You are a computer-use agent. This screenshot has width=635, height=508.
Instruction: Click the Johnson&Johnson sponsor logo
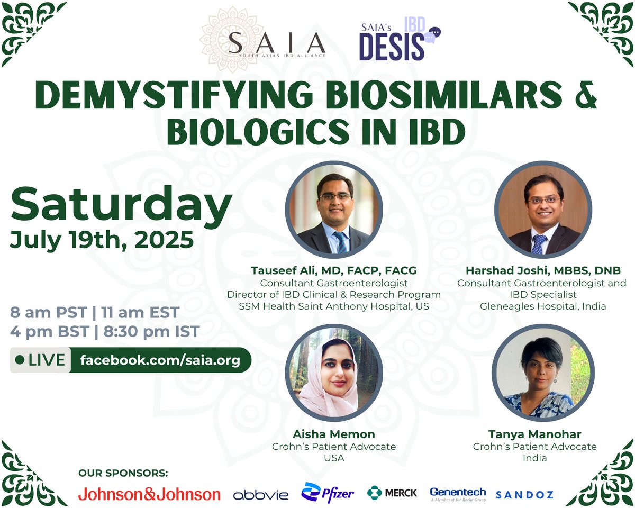149,494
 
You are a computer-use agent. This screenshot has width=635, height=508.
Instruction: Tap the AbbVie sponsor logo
261,495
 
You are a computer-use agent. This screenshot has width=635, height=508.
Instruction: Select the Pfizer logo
328,493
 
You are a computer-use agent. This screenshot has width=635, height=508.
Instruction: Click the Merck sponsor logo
392,493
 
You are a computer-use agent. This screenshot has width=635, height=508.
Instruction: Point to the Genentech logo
458,494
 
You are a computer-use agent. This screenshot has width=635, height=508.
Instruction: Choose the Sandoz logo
524,495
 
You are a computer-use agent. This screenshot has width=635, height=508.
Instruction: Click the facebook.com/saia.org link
160,360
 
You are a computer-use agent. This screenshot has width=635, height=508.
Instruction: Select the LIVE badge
40,360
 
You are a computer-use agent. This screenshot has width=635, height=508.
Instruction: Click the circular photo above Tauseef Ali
334,210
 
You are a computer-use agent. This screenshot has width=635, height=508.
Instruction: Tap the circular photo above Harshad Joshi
543,210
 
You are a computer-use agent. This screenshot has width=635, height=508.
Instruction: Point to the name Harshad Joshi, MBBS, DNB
542,271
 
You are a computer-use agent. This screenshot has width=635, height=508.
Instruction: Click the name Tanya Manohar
534,434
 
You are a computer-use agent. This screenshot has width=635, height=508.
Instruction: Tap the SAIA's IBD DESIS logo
399,41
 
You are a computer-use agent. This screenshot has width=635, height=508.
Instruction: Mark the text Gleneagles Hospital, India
543,306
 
